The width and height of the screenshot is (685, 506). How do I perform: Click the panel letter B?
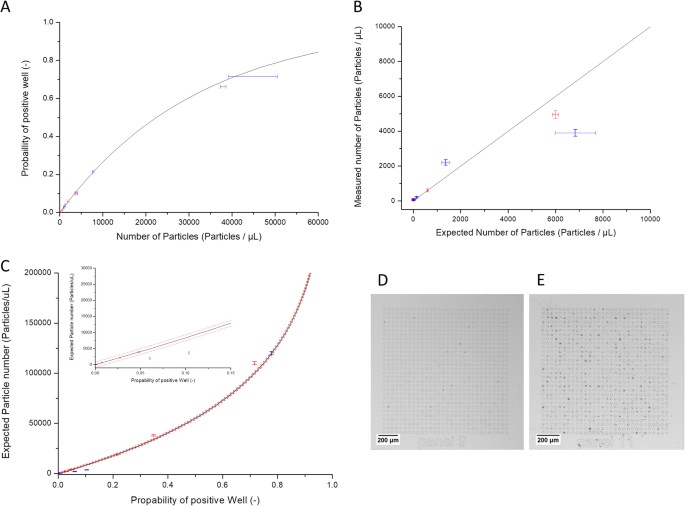tap(357, 8)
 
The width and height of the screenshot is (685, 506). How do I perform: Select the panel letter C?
tap(8, 267)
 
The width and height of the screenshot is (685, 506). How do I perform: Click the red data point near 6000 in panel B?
tap(555, 114)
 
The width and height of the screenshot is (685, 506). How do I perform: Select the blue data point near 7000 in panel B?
tap(575, 132)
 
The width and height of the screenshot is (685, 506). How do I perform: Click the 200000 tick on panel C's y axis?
tap(36, 272)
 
